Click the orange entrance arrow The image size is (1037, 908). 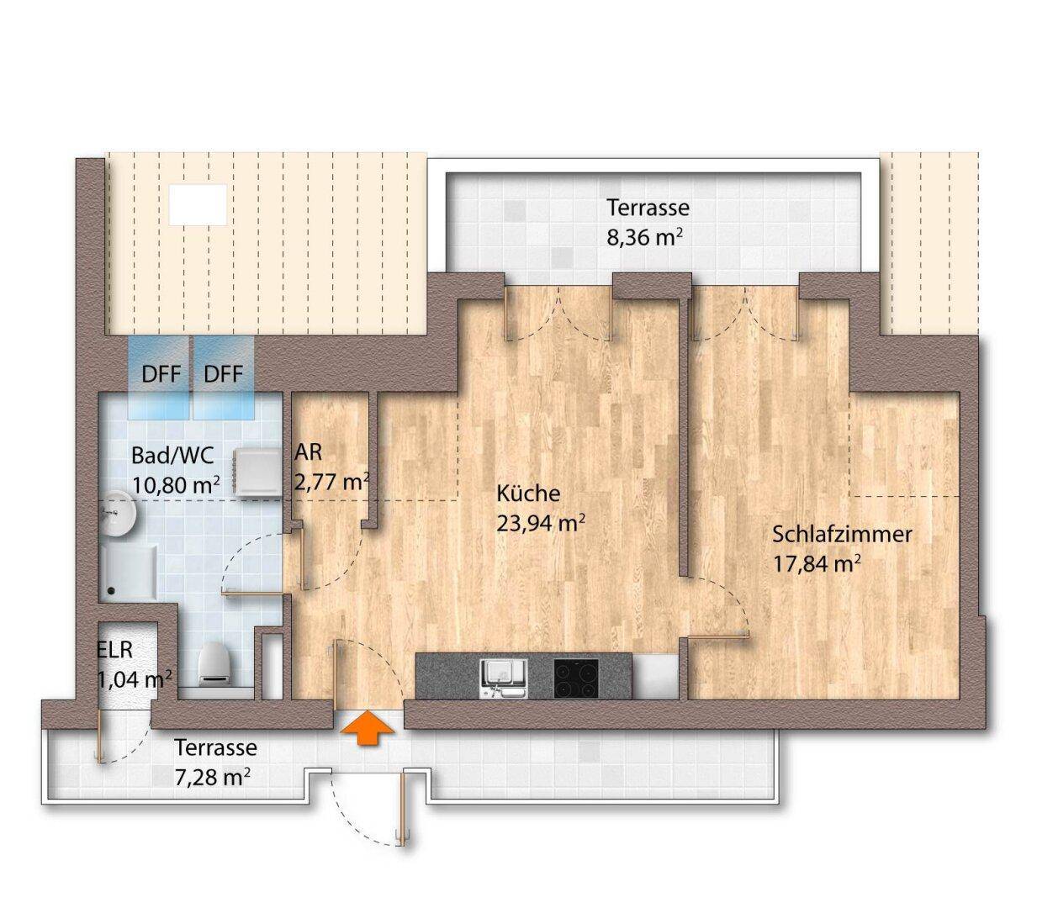coord(368,729)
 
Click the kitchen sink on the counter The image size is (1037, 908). coord(503,678)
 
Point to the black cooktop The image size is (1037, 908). coord(576,678)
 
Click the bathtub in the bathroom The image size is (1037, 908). coord(129,573)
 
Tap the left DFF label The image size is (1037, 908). coord(161,374)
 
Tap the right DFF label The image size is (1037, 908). coord(223,374)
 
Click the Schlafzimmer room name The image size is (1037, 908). coord(842,535)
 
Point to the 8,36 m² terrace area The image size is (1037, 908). coord(643,236)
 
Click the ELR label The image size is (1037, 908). coord(115,650)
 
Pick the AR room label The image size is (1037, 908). coord(308,452)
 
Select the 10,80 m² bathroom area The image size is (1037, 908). coord(176,485)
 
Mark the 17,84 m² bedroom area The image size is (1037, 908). coord(817,564)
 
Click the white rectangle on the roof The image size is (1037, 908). coord(198,204)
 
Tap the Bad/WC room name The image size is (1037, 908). coord(173,456)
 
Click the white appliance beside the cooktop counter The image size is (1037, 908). coord(655,677)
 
